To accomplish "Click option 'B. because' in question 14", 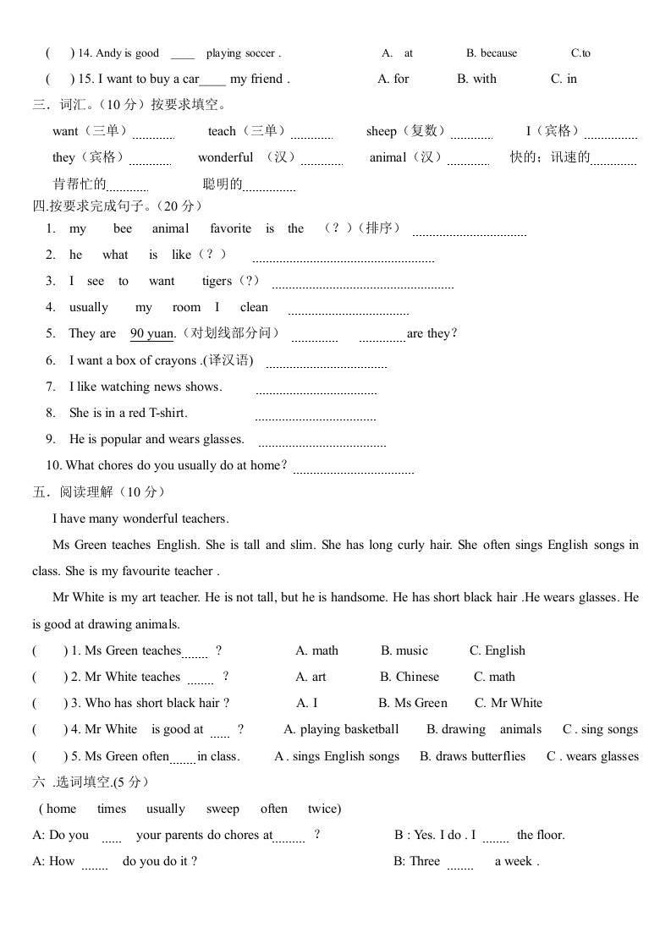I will [x=491, y=53].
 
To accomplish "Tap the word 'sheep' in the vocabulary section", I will [x=382, y=132].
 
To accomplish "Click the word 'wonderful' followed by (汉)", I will [x=225, y=158].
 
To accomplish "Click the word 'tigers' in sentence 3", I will [x=217, y=282].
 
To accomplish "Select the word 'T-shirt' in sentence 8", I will [x=168, y=413].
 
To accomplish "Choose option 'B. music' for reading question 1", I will [x=404, y=651].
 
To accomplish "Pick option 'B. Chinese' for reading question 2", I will [x=410, y=677].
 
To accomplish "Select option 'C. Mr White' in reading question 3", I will [x=509, y=704].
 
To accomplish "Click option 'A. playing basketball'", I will [x=341, y=730].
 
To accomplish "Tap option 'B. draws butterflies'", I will [x=472, y=757].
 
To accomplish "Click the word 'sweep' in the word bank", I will [x=223, y=809].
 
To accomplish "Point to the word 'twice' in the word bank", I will [x=322, y=809].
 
